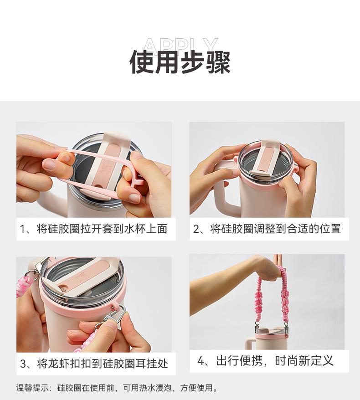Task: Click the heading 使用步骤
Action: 180,62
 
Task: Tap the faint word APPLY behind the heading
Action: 180,46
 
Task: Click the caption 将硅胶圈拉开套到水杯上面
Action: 102,229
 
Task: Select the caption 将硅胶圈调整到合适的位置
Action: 276,229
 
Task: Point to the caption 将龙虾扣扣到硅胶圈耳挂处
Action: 103,364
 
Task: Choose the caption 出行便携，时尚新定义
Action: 275,361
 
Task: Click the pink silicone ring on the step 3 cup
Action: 84,303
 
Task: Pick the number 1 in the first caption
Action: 22,229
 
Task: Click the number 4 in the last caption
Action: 201,361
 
